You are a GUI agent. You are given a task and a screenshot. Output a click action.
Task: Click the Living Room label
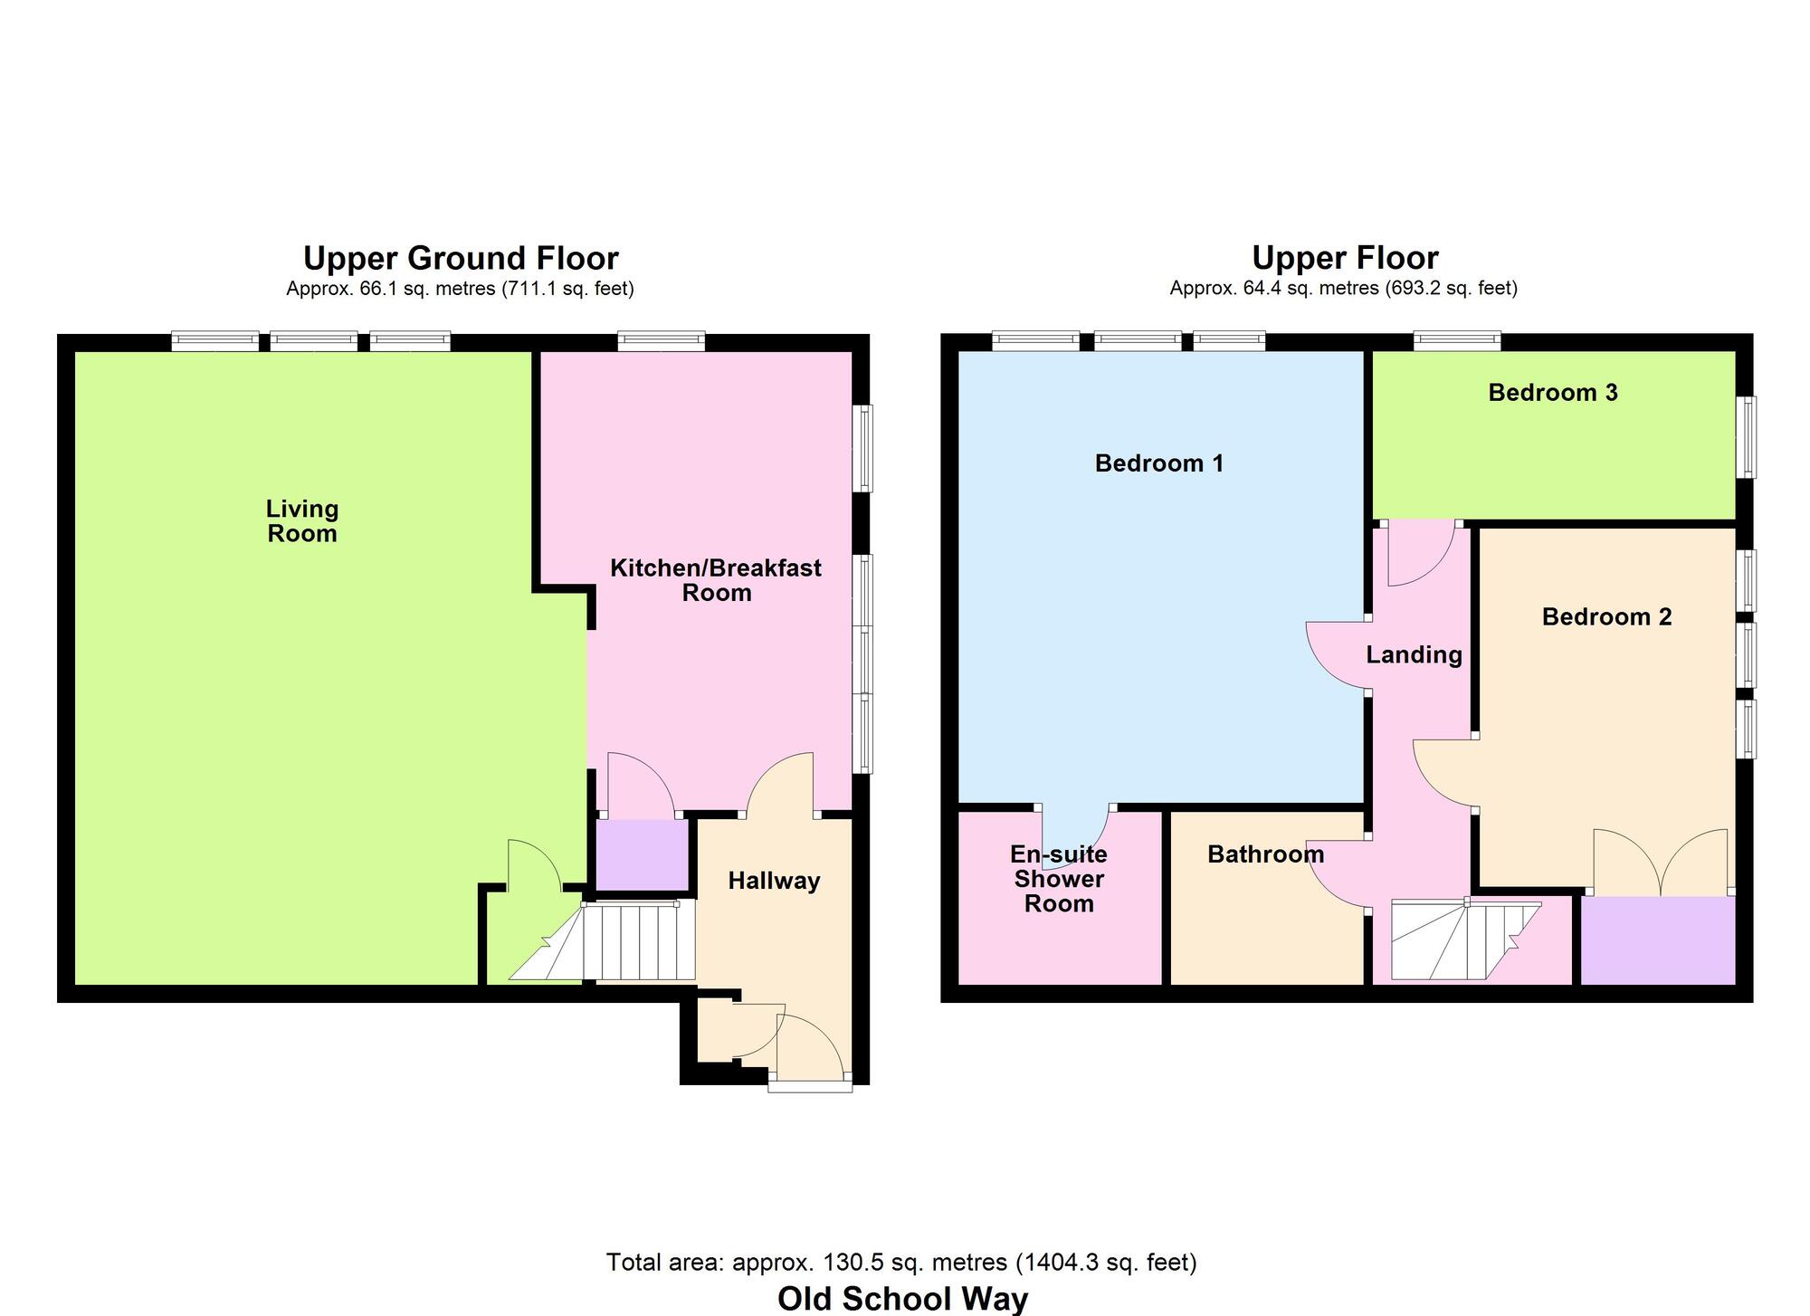pos(302,521)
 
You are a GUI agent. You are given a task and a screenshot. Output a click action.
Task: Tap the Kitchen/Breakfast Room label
pos(716,580)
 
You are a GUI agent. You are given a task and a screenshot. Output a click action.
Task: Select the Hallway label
pos(774,881)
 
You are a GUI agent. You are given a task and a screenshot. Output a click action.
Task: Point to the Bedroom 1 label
pos(1159,463)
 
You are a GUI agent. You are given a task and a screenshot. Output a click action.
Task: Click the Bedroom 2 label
pos(1606,617)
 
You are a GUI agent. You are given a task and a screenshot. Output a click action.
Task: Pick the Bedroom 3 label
pos(1553,393)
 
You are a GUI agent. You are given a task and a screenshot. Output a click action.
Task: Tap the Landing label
pos(1414,654)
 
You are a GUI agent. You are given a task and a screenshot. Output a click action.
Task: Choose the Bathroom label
pos(1265,854)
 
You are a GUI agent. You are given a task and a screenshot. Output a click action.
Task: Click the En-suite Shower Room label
pos(1059,879)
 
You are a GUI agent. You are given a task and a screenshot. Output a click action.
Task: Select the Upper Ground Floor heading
pos(461,259)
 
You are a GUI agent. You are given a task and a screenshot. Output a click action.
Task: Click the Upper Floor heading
pos(1345,259)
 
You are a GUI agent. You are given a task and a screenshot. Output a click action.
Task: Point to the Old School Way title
pos(902,1299)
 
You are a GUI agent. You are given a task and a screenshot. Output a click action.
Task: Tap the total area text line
pos(901,1262)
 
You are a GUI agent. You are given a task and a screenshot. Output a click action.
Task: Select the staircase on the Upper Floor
pos(1457,941)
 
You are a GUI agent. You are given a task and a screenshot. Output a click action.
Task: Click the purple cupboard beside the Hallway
pos(642,855)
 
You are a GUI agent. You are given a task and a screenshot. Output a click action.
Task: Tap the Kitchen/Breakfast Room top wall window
pos(662,341)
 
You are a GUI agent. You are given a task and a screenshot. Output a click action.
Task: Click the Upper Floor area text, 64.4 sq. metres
pos(1343,289)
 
